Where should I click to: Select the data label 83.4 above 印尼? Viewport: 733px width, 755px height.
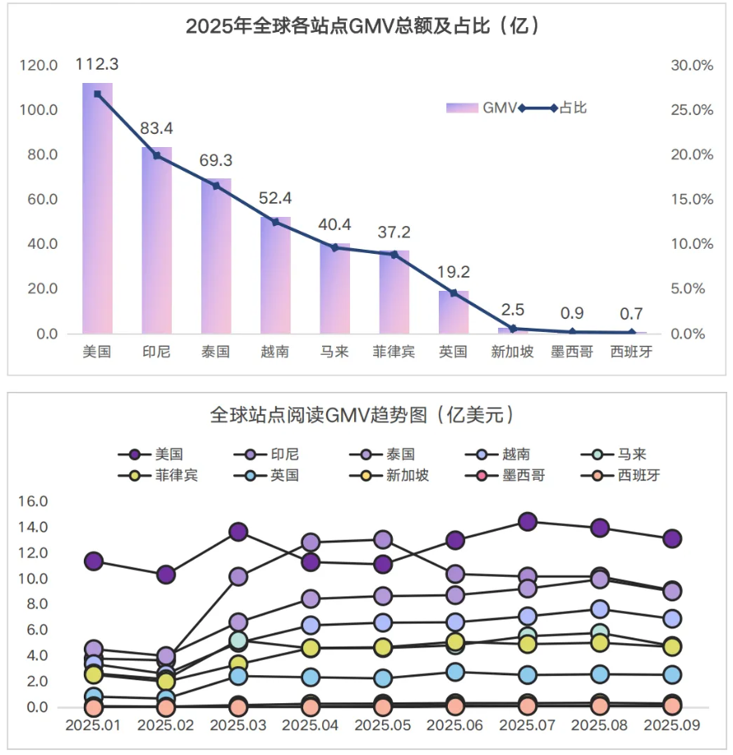click(156, 128)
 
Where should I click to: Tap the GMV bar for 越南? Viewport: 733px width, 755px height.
click(275, 275)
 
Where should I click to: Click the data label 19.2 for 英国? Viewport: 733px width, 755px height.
click(453, 272)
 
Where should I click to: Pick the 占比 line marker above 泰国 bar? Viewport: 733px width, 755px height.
click(216, 186)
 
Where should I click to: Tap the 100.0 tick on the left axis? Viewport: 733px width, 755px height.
click(39, 110)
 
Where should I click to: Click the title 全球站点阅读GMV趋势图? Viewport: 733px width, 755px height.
click(366, 414)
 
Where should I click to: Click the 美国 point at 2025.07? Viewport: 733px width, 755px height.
click(528, 522)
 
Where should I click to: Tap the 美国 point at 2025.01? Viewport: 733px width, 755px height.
click(94, 561)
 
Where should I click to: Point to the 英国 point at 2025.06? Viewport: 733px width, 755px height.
click(455, 672)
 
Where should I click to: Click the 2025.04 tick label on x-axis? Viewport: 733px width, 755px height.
click(311, 727)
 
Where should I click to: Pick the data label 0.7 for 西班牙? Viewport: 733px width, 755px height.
click(632, 313)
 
